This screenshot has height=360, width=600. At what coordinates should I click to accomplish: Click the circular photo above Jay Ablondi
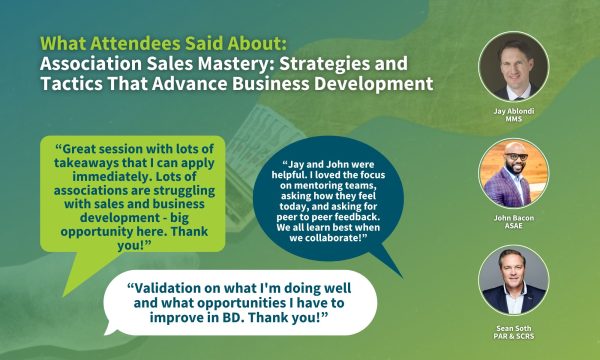click(x=513, y=66)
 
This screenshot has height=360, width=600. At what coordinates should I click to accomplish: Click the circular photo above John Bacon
click(x=513, y=172)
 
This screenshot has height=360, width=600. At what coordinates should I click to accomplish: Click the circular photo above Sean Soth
click(x=513, y=279)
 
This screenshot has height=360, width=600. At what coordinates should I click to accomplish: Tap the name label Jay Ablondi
click(x=513, y=111)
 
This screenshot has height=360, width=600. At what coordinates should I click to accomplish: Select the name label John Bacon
click(x=513, y=217)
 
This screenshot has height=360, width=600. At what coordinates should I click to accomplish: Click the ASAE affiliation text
click(x=513, y=228)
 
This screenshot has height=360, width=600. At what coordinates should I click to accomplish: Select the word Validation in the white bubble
click(x=171, y=286)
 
